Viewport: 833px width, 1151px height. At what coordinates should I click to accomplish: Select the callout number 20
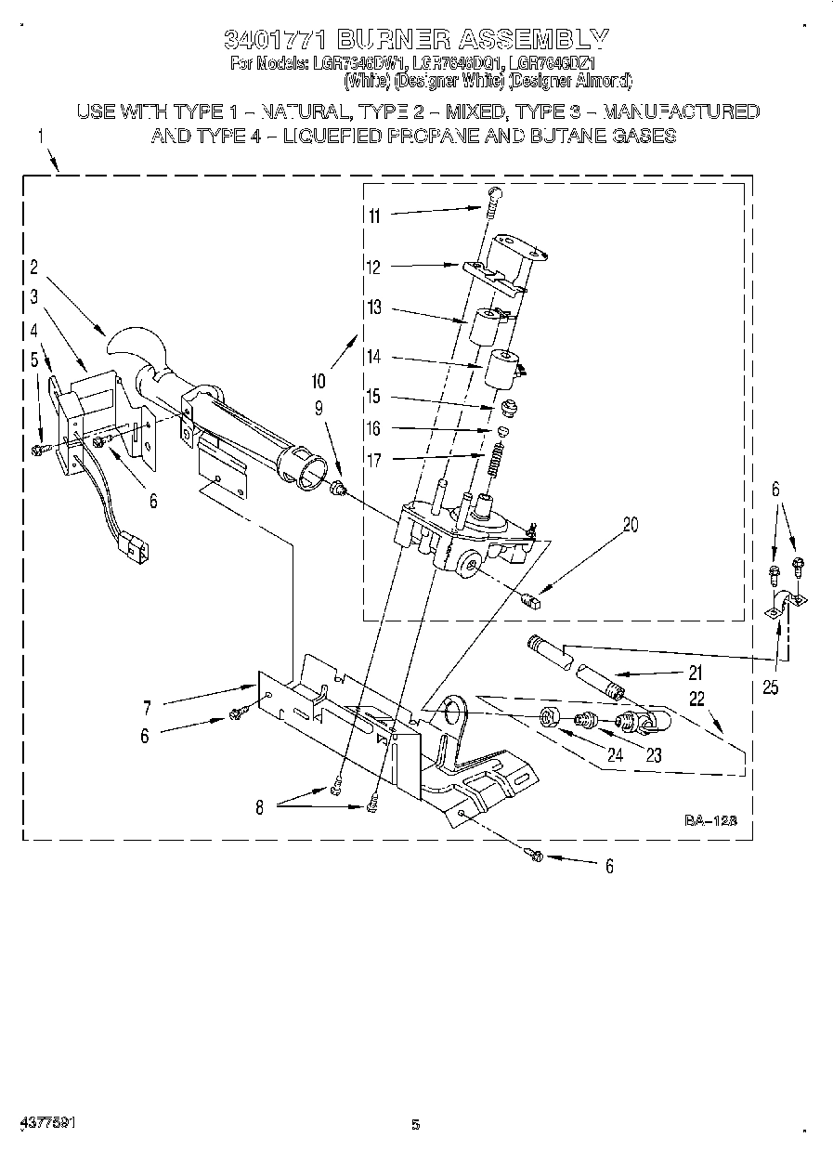[x=631, y=524]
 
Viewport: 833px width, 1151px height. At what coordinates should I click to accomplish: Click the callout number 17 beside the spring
[x=374, y=459]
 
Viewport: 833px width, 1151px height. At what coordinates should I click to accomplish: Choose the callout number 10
[x=319, y=379]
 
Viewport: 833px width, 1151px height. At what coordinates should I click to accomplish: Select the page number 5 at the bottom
[x=416, y=1124]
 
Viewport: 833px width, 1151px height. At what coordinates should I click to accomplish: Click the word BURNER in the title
[x=394, y=39]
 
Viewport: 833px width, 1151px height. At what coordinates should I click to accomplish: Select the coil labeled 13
[x=485, y=326]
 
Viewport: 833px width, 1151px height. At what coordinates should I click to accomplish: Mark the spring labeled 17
[x=495, y=458]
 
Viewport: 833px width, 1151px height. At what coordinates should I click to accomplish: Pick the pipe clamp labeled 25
[x=783, y=607]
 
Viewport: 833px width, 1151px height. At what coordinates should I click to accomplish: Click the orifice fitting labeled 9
[x=339, y=487]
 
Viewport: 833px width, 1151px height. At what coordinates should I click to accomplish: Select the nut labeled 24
[x=549, y=717]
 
